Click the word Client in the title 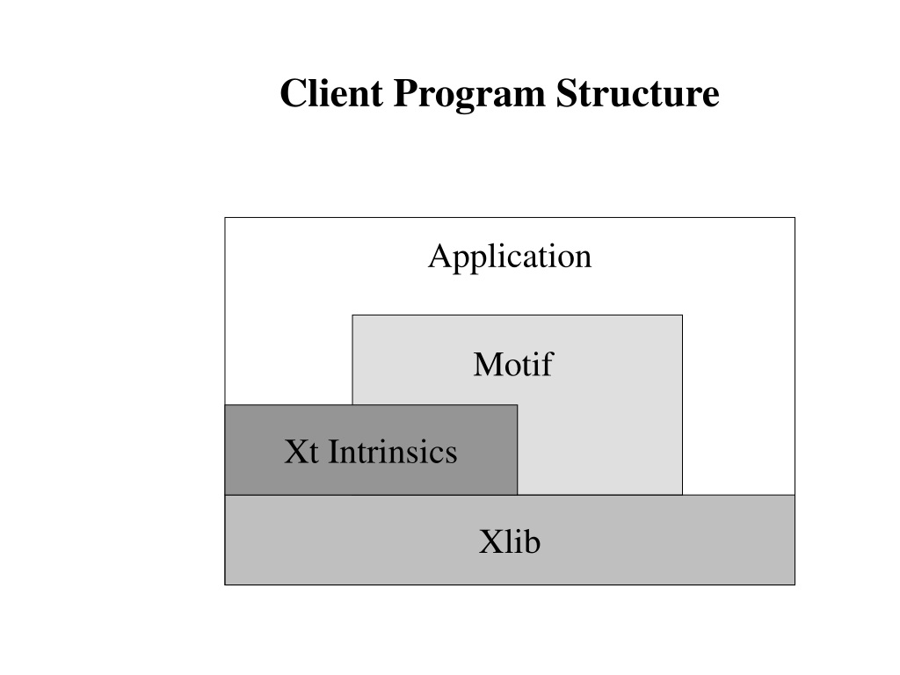coord(331,93)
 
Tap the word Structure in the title coord(638,93)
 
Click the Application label coord(510,258)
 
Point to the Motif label coord(513,364)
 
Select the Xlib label coord(510,541)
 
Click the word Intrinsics coord(393,452)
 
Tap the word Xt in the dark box coord(301,452)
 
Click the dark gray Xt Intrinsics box coord(371,449)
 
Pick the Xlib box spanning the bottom coord(510,540)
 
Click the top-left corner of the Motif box coord(352,316)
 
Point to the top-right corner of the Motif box coord(682,316)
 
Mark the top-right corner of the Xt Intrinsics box coord(517,404)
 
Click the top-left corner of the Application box coord(225,218)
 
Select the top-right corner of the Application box coord(795,218)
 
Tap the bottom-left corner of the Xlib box coord(225,584)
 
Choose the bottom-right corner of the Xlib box coord(795,584)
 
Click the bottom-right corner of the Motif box coord(682,495)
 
